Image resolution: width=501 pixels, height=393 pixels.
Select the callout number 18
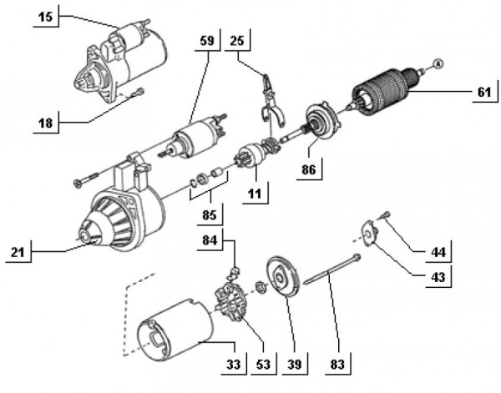coord(47,123)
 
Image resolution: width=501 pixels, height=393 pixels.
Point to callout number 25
coord(237,41)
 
